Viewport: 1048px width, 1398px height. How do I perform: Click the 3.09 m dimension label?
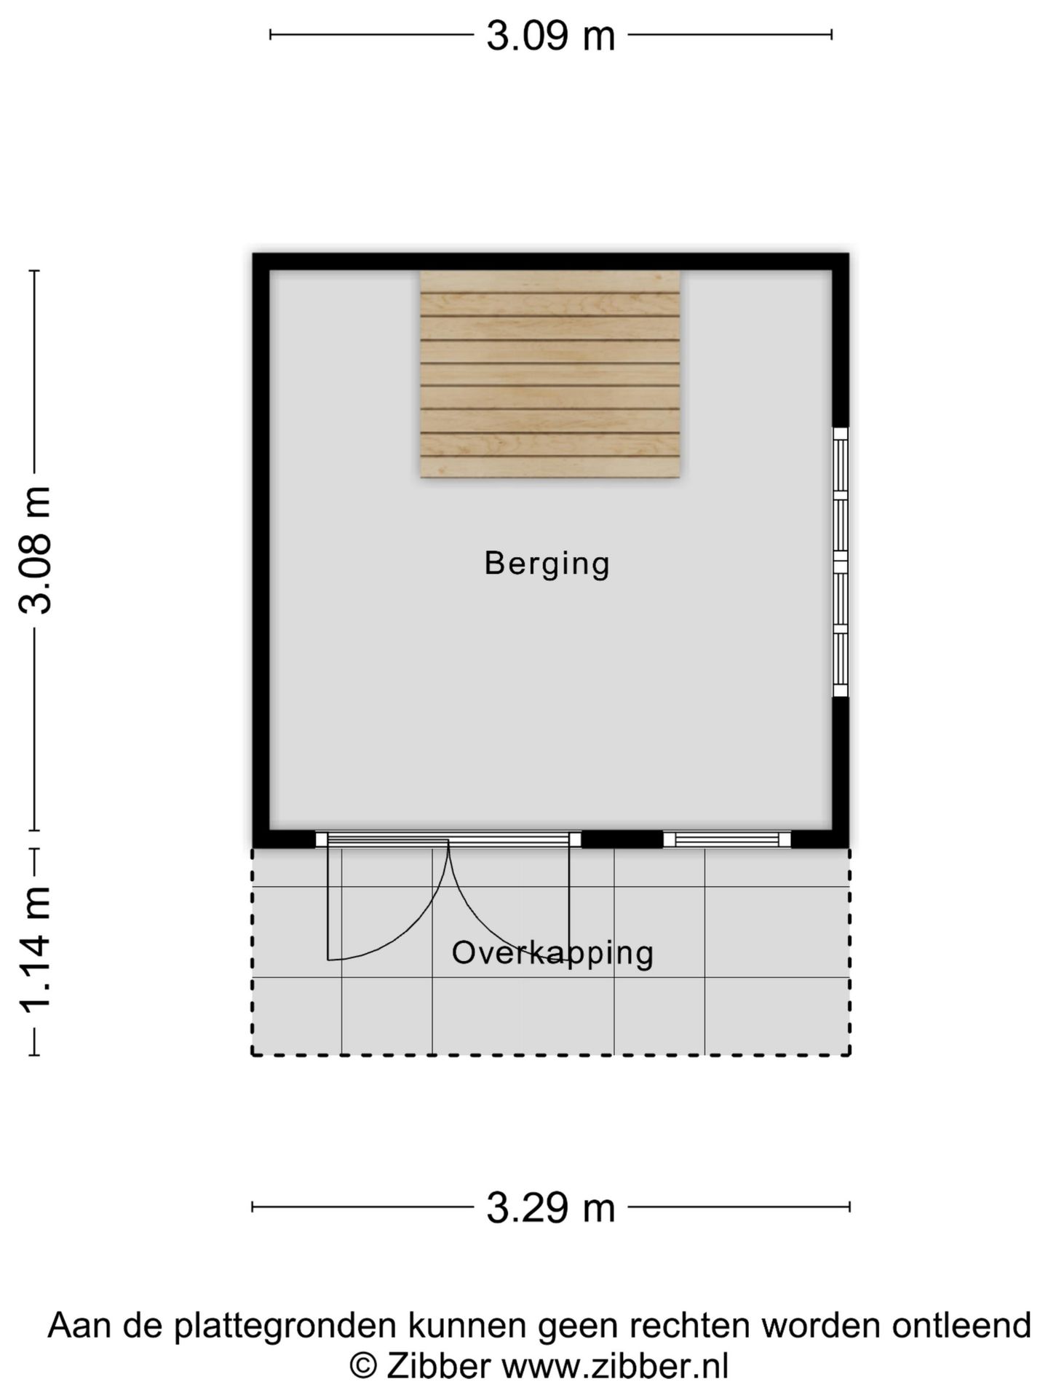pyautogui.click(x=550, y=36)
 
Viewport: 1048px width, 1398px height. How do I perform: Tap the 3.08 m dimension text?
pyautogui.click(x=36, y=550)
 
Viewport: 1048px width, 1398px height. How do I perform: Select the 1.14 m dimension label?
pyautogui.click(x=36, y=950)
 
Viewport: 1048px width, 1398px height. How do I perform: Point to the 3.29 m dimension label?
pyautogui.click(x=550, y=1208)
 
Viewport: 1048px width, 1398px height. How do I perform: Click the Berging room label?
pyautogui.click(x=547, y=564)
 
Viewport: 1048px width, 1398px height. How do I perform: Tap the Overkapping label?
pyautogui.click(x=552, y=953)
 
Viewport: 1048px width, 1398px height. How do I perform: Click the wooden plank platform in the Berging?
pyautogui.click(x=550, y=374)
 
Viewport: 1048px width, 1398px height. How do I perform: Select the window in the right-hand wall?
pyautogui.click(x=840, y=562)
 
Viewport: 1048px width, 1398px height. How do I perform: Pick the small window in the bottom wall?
pyautogui.click(x=726, y=840)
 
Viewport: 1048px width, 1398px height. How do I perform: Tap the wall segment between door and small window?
pyautogui.click(x=622, y=840)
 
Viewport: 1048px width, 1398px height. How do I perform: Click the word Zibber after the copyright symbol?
pyautogui.click(x=438, y=1366)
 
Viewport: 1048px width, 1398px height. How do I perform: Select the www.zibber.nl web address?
pyautogui.click(x=615, y=1366)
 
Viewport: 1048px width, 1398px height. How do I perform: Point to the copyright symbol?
pyautogui.click(x=362, y=1366)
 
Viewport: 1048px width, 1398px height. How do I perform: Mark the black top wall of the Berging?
pyautogui.click(x=550, y=261)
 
